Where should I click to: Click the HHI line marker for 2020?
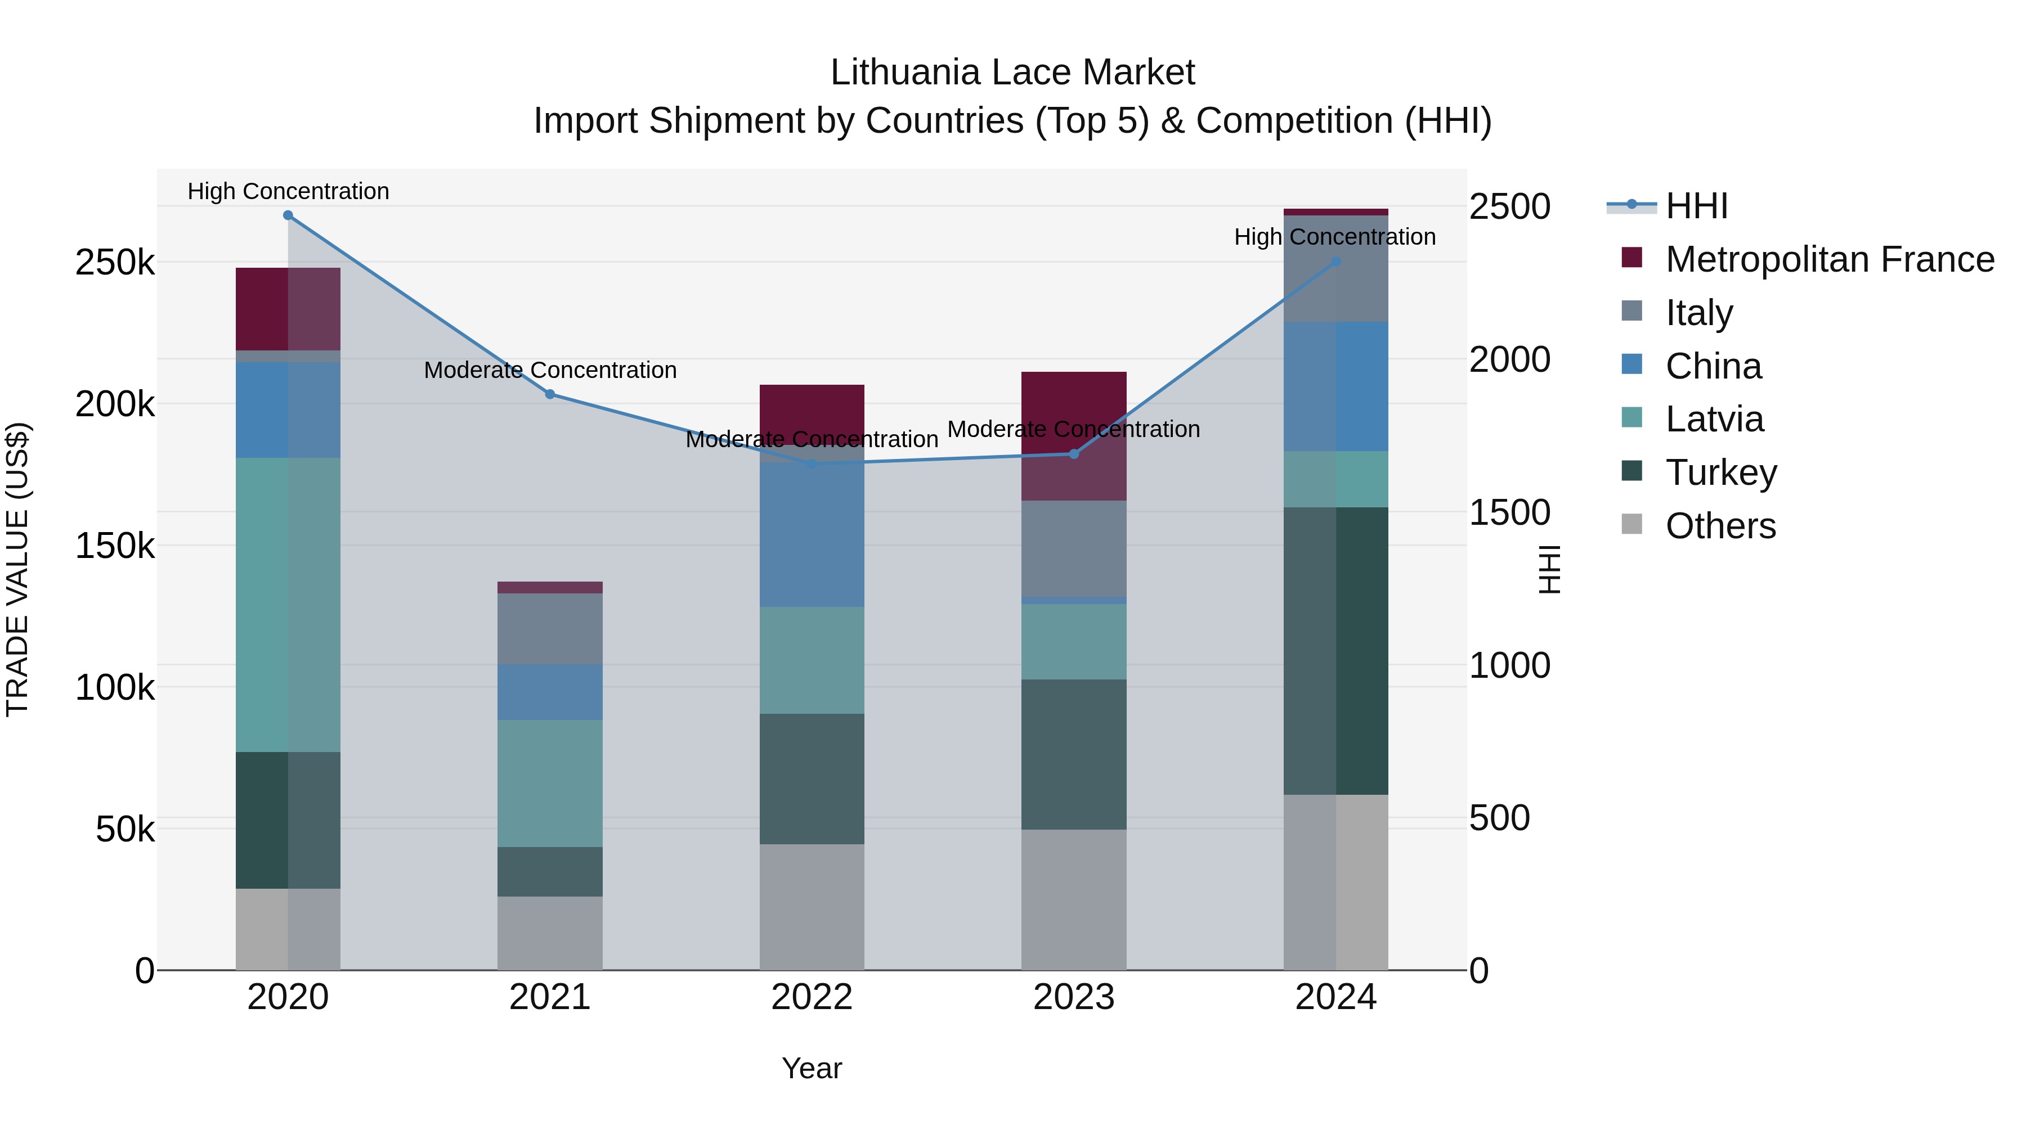click(288, 215)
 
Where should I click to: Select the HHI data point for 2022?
click(812, 464)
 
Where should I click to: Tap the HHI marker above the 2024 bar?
click(1335, 262)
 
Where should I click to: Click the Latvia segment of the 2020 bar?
click(288, 605)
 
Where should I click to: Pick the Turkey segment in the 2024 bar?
click(1335, 651)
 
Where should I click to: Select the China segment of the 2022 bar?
click(812, 534)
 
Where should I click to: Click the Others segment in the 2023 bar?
click(1074, 899)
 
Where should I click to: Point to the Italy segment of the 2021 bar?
click(550, 629)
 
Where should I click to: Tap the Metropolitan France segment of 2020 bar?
click(288, 309)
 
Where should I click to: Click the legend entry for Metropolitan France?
click(1830, 259)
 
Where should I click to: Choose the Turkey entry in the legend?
click(1721, 472)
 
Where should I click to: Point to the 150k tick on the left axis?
click(115, 546)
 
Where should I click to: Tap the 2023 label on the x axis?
click(1074, 997)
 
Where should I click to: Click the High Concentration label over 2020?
click(288, 192)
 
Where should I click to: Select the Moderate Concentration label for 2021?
click(550, 370)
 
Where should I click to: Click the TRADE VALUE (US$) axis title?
click(17, 569)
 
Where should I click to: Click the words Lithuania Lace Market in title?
click(1012, 73)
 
